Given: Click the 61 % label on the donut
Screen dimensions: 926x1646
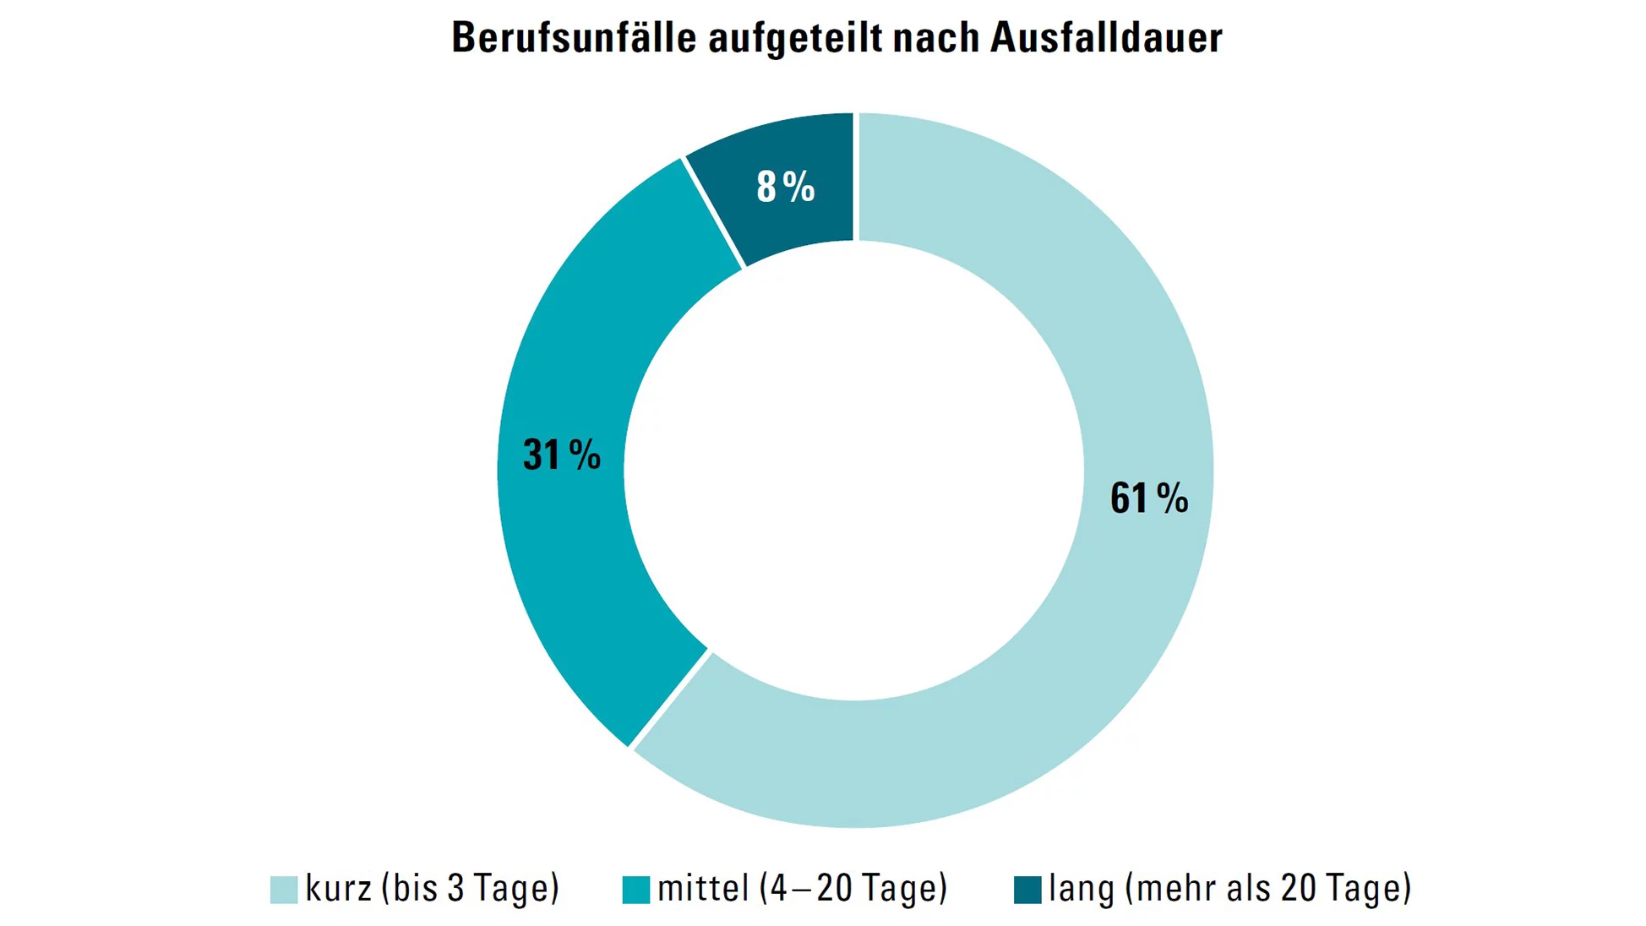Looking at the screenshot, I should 1148,498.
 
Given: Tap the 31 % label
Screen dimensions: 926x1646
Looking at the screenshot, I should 561,455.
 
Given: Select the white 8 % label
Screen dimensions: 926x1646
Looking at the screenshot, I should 785,187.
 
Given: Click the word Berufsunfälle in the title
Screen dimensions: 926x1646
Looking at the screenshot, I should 575,38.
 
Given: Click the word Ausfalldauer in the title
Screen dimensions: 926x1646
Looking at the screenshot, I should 1106,38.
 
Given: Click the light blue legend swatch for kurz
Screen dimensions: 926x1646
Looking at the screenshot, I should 284,890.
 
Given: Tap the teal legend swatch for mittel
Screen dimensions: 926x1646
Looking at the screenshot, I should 635,890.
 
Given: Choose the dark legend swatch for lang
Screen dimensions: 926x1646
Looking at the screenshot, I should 1027,890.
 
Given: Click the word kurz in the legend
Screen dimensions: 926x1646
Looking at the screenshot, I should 338,888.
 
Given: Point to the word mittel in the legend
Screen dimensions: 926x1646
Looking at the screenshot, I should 703,888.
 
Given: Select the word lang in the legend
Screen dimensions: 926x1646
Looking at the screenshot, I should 1081,888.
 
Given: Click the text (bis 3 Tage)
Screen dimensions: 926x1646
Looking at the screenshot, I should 470,888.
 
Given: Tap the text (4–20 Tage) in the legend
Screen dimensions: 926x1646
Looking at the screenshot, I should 853,888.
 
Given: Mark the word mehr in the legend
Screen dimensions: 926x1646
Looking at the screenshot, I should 1171,888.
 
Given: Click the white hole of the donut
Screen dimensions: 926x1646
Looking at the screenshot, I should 854,470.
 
